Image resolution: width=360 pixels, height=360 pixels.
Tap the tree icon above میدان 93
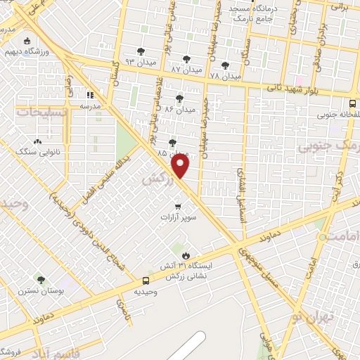[142, 51]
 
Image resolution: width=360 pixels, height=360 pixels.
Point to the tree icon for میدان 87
[186, 59]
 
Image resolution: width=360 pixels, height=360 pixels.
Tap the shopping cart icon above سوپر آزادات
[178, 207]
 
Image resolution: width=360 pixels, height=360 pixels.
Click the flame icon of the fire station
[186, 255]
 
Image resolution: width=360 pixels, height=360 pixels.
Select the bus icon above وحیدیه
[146, 280]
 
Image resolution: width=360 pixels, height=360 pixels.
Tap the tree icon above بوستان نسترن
[40, 279]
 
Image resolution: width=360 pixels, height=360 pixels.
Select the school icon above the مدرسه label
[90, 95]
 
